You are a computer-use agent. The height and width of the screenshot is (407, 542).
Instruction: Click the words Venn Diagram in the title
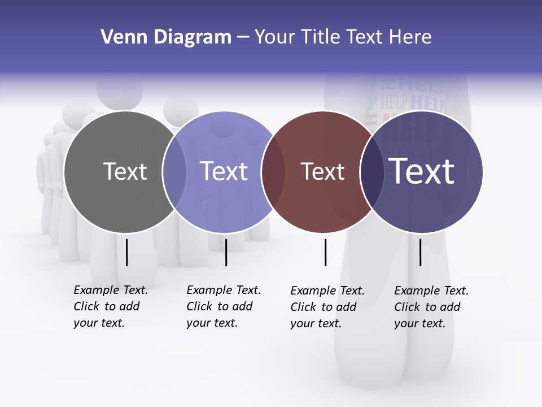coord(166,37)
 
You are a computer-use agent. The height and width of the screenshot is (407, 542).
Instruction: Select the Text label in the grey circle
coord(125,171)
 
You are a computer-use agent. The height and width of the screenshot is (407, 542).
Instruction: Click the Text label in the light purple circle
coord(224,171)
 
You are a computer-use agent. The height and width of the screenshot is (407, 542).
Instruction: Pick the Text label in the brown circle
coord(322,171)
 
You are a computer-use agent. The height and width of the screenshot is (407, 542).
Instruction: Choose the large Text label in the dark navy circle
coord(422,171)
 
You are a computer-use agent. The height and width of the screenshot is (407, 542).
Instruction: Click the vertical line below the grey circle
coord(126,252)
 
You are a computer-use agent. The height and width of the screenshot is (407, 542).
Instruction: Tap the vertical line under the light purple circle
coord(226,252)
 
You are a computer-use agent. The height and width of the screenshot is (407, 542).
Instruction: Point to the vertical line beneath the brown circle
coord(325,252)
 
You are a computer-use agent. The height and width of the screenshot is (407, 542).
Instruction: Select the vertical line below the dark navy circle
coord(420,252)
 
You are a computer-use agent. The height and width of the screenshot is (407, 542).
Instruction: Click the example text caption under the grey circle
coord(111,306)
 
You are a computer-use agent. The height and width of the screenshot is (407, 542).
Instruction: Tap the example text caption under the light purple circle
coord(224,306)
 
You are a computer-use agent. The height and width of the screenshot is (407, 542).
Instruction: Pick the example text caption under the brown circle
coord(327,307)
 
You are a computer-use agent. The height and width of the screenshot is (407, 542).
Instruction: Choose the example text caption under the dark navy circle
coord(431,307)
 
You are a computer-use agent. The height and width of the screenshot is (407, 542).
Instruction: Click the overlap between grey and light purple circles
coord(174,172)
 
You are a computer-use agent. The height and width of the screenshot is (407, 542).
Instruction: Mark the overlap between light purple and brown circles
coord(273,172)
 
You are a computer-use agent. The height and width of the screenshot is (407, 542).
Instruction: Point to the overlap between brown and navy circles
coord(371,172)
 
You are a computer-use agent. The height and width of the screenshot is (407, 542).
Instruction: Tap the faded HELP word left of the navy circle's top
coord(394,103)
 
